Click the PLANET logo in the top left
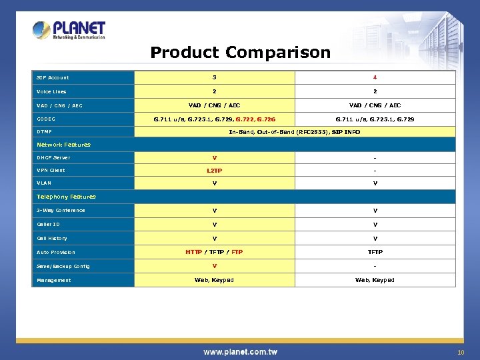pyautogui.click(x=69, y=30)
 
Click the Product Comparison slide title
pyautogui.click(x=240, y=53)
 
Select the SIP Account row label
pyautogui.click(x=53, y=78)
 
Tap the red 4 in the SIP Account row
pyautogui.click(x=375, y=78)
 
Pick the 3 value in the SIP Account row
pyautogui.click(x=214, y=78)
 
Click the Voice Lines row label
pyautogui.click(x=51, y=92)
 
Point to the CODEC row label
pyautogui.click(x=46, y=119)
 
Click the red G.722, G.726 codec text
pyautogui.click(x=257, y=119)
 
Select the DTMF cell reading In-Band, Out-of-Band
pyautogui.click(x=294, y=132)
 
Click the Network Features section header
pyautogui.click(x=63, y=145)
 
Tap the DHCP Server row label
pyautogui.click(x=53, y=158)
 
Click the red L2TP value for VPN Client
pyautogui.click(x=214, y=171)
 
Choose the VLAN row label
pyautogui.click(x=44, y=183)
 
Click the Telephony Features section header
pyautogui.click(x=66, y=197)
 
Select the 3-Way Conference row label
pyautogui.click(x=61, y=211)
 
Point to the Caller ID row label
pyautogui.click(x=48, y=225)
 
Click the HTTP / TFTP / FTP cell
pyautogui.click(x=214, y=252)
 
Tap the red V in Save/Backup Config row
pyautogui.click(x=214, y=266)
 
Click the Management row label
pyautogui.click(x=54, y=280)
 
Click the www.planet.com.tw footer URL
pyautogui.click(x=240, y=351)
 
